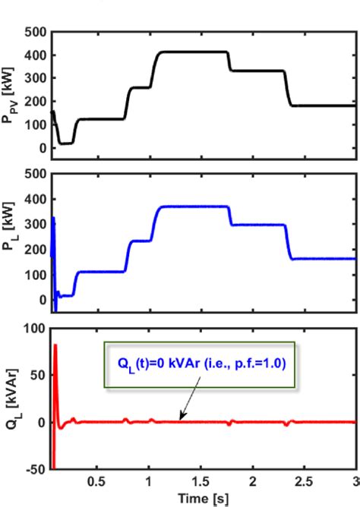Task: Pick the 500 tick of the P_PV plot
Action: [x=35, y=33]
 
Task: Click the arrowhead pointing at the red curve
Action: [x=181, y=418]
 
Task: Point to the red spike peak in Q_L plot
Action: [x=55, y=345]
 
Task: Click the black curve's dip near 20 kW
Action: [x=66, y=143]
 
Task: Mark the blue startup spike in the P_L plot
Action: [x=53, y=220]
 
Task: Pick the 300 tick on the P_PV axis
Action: [x=35, y=78]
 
